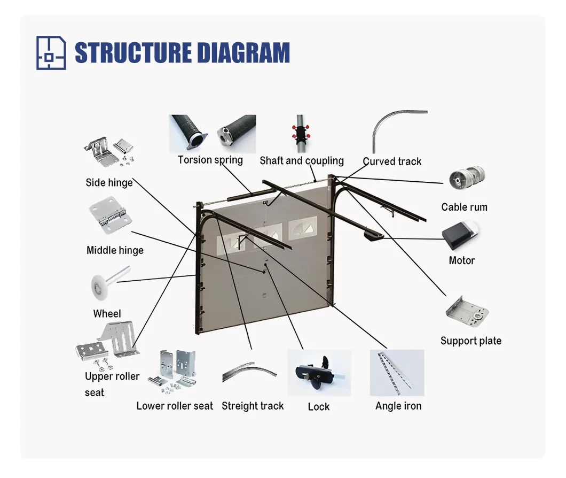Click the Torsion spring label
click(x=210, y=160)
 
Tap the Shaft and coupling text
click(x=302, y=161)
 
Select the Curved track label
click(x=392, y=161)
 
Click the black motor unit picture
click(x=459, y=236)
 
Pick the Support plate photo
click(x=467, y=312)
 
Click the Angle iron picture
click(x=397, y=373)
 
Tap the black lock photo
click(x=319, y=373)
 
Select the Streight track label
click(x=253, y=406)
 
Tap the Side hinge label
click(x=109, y=183)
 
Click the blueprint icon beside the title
click(x=51, y=52)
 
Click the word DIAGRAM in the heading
click(x=243, y=53)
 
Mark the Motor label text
click(x=461, y=261)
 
